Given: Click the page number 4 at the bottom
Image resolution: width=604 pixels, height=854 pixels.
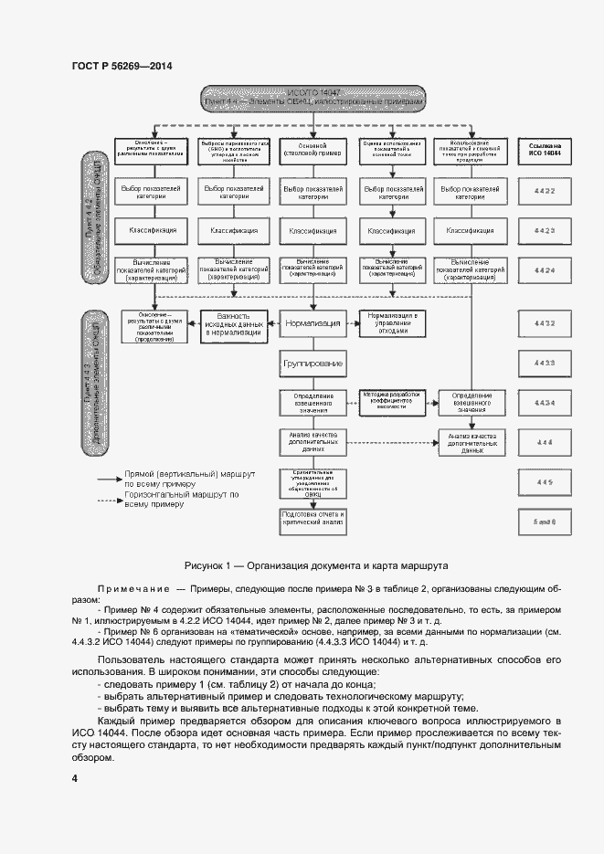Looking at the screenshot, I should [x=74, y=777].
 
